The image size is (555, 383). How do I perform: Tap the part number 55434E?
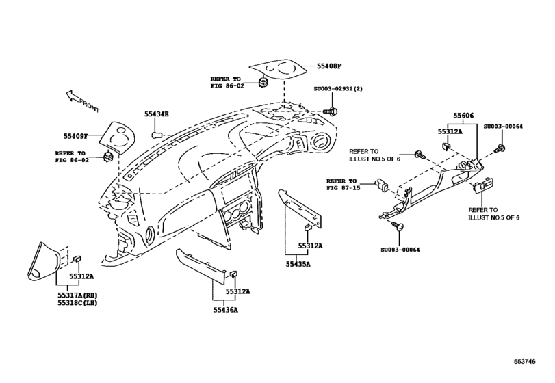157,114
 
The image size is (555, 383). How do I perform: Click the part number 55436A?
223,309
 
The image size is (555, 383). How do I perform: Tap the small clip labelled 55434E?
156,131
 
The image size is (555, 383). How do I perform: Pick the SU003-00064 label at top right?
503,127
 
